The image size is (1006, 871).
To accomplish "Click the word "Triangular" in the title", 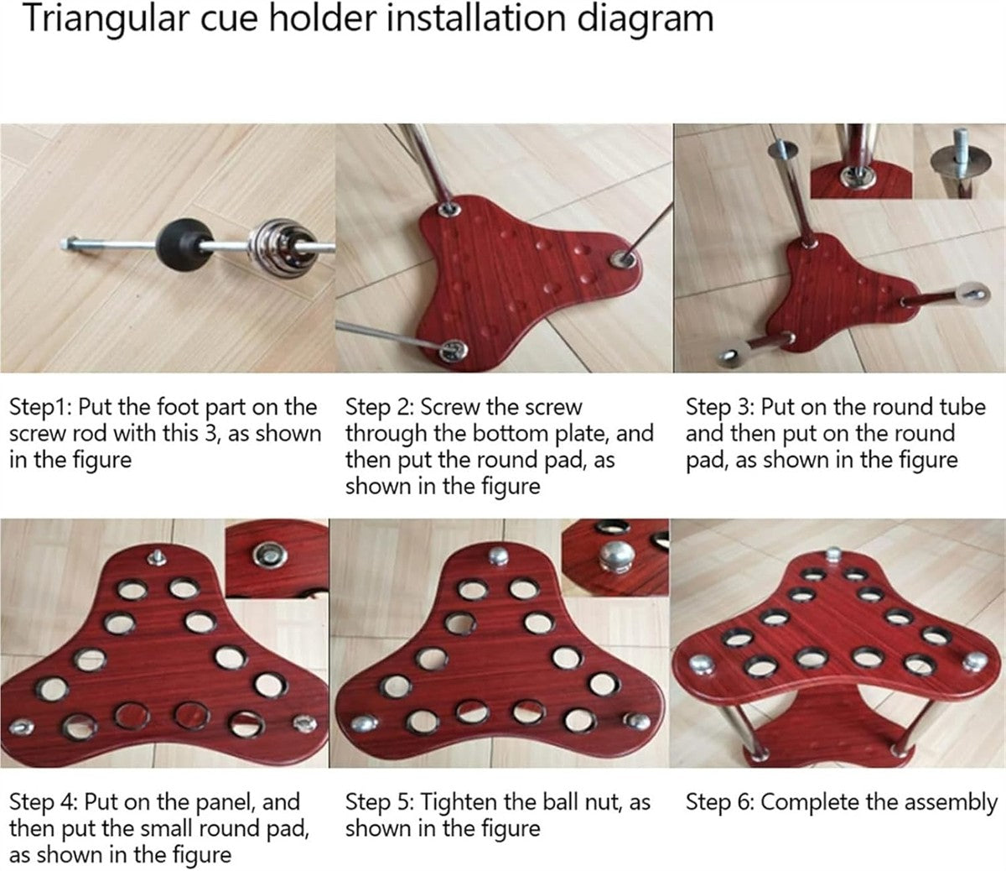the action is (105, 19).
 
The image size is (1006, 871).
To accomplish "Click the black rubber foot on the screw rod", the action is (178, 245).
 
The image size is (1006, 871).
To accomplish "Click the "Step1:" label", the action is (41, 407).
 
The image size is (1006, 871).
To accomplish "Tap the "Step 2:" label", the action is (378, 407).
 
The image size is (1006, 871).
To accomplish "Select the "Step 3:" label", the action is (718, 407).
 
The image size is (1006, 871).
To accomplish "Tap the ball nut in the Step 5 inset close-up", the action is (617, 556).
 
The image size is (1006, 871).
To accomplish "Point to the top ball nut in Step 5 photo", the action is (498, 555).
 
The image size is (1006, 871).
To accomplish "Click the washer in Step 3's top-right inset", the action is (954, 162).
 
